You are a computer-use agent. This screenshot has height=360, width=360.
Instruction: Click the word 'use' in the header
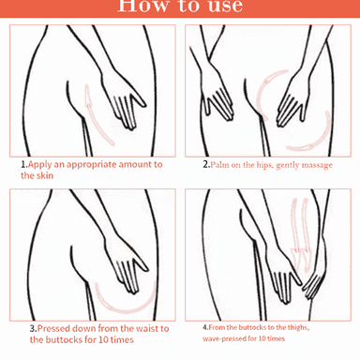pyautogui.click(x=225, y=7)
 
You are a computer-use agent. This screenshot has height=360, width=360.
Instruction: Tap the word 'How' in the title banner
pyautogui.click(x=142, y=7)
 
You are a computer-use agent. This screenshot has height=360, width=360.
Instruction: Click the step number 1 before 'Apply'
pyautogui.click(x=23, y=164)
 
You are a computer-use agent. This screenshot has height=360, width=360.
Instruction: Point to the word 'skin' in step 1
pyautogui.click(x=45, y=175)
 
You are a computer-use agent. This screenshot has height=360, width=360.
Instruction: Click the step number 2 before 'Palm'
pyautogui.click(x=205, y=164)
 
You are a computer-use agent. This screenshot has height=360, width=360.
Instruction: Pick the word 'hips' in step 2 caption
pyautogui.click(x=264, y=165)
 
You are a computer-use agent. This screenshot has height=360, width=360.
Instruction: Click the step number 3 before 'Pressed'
pyautogui.click(x=33, y=328)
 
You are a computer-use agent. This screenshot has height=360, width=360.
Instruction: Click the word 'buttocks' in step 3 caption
pyautogui.click(x=66, y=339)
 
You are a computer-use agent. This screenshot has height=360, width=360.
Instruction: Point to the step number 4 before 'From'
pyautogui.click(x=204, y=327)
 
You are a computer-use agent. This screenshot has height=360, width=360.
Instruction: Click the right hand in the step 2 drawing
pyautogui.click(x=293, y=99)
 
